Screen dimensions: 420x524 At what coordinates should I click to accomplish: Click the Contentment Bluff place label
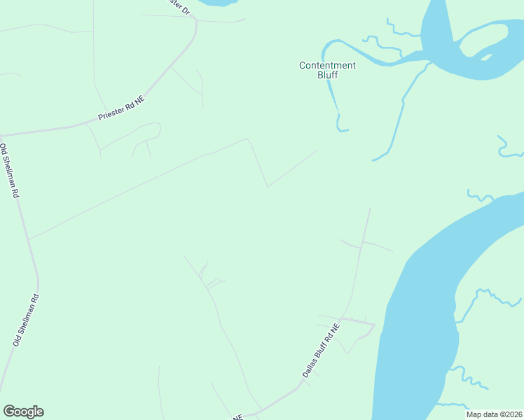[x=327, y=70]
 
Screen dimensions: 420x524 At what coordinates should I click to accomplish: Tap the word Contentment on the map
[x=327, y=65]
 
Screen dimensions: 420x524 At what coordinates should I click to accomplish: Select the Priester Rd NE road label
[x=120, y=111]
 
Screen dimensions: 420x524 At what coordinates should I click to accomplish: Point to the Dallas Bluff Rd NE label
[x=321, y=351]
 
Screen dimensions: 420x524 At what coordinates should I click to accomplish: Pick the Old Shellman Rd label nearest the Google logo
[x=25, y=320]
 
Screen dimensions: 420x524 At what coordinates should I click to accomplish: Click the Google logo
[x=23, y=412]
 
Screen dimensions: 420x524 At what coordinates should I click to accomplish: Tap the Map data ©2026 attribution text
[x=493, y=414]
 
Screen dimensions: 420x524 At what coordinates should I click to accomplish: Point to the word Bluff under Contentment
[x=327, y=75]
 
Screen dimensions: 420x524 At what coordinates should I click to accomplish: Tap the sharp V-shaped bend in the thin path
[x=267, y=187]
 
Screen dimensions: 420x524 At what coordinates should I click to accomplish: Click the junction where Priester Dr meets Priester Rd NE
[x=196, y=21]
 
